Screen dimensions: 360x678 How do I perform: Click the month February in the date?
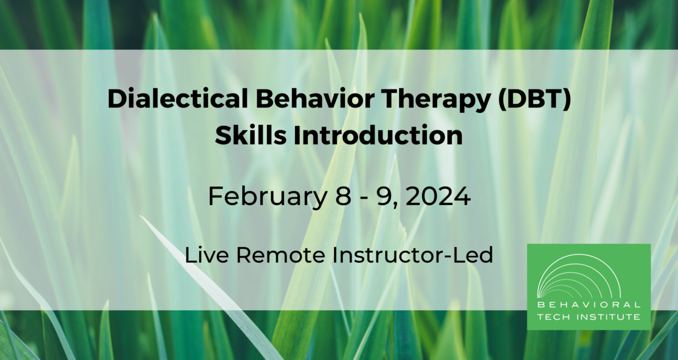(268, 196)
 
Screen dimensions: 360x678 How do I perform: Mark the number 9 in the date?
(383, 196)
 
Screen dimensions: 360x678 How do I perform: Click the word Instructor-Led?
(413, 255)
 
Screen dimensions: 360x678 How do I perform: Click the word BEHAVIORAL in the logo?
(588, 305)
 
